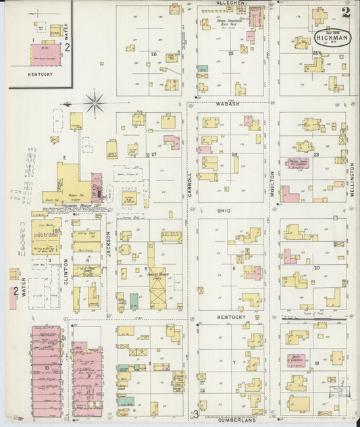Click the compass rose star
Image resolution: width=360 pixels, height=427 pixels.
click(95, 104)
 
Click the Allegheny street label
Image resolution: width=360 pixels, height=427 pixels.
click(231, 3)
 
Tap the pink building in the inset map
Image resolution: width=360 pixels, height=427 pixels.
click(45, 51)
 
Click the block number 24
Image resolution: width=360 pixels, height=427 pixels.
click(235, 155)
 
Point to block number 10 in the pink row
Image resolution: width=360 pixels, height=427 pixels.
click(46, 368)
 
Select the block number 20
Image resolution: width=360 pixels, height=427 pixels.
click(316, 268)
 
